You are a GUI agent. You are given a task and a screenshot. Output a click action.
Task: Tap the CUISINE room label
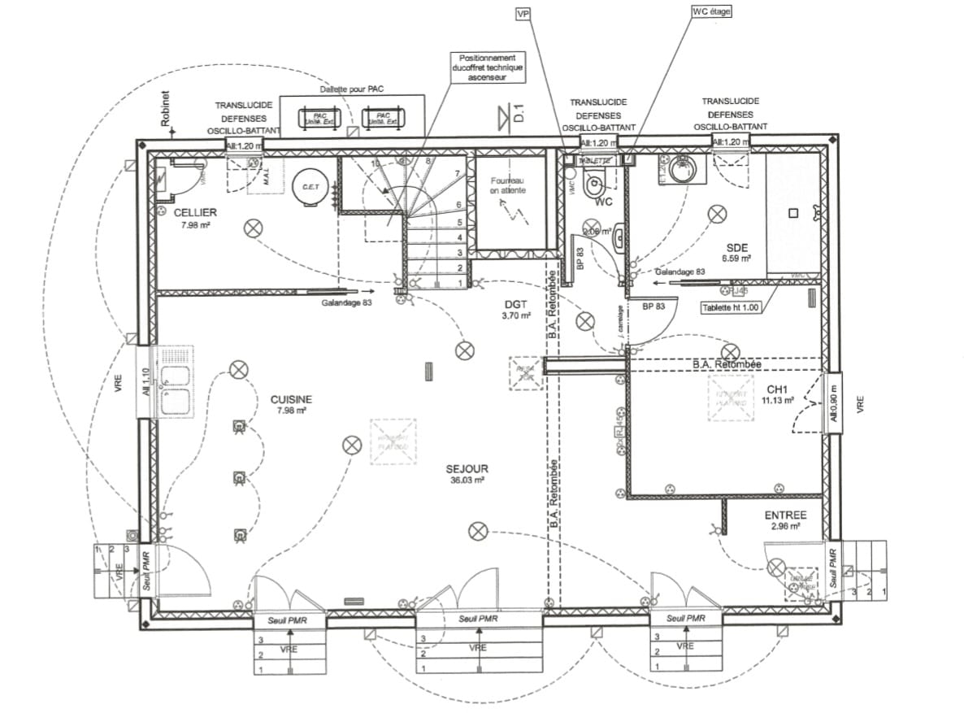tap(291, 399)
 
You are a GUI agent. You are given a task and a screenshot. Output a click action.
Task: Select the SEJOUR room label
tap(467, 469)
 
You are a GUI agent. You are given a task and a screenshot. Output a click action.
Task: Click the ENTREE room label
tap(785, 515)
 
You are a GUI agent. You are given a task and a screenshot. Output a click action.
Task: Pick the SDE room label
tap(737, 247)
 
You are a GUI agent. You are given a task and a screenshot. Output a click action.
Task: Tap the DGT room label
tap(518, 303)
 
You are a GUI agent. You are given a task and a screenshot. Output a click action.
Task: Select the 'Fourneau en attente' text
tap(508, 185)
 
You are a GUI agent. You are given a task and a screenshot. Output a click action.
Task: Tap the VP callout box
tap(523, 14)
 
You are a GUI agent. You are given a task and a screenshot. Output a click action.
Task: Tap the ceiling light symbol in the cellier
tap(254, 228)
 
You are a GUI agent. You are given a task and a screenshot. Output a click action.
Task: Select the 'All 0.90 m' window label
tap(833, 402)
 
